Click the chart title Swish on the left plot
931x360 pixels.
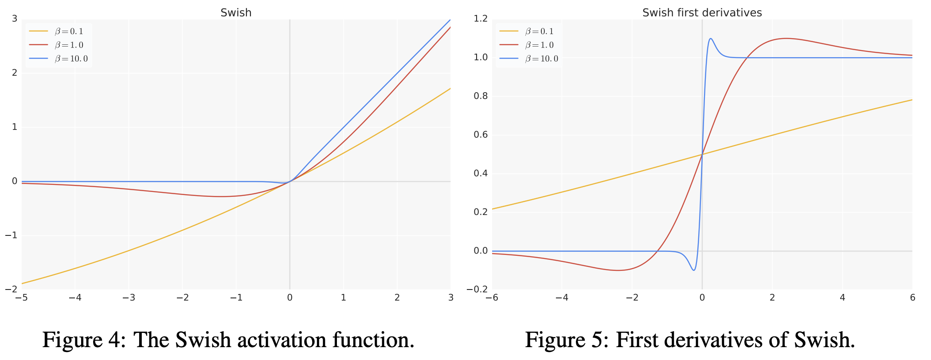(x=236, y=13)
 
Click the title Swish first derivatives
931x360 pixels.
(x=702, y=13)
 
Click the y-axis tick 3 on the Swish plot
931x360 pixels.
(x=15, y=19)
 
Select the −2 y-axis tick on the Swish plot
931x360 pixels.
(x=12, y=290)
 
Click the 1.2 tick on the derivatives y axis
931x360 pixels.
(x=481, y=19)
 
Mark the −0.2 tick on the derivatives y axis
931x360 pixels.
(x=477, y=290)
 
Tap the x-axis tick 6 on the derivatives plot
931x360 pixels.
(x=912, y=297)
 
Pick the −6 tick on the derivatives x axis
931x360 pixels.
(x=492, y=297)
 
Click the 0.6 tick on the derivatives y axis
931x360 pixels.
(x=481, y=135)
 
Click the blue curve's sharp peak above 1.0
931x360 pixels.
(x=711, y=39)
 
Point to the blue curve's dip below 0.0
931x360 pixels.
(x=694, y=270)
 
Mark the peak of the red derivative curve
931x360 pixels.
(x=786, y=38)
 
